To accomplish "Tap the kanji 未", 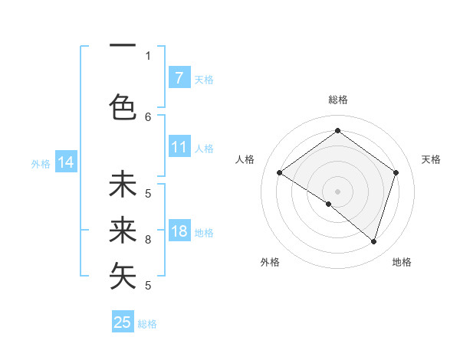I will point(123,185).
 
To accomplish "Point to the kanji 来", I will point(123,230).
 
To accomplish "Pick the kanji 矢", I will point(123,277).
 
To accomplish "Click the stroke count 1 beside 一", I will point(148,55).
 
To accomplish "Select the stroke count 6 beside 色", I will point(148,116).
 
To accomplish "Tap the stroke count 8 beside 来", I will point(148,240).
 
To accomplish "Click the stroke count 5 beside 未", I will point(148,193).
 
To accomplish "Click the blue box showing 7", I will point(179,78).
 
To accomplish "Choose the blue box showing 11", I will point(179,148).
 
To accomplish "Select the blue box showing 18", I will point(179,232).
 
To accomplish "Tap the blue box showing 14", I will point(66,162).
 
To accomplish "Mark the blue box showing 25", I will point(123,322).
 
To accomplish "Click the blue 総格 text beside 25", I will point(147,324).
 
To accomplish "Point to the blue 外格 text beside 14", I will point(41,163).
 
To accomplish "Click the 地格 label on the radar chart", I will point(402,262).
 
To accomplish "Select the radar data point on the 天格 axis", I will point(396,172).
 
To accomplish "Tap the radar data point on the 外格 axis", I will point(329,204).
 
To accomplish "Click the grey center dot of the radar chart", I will point(337,191).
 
